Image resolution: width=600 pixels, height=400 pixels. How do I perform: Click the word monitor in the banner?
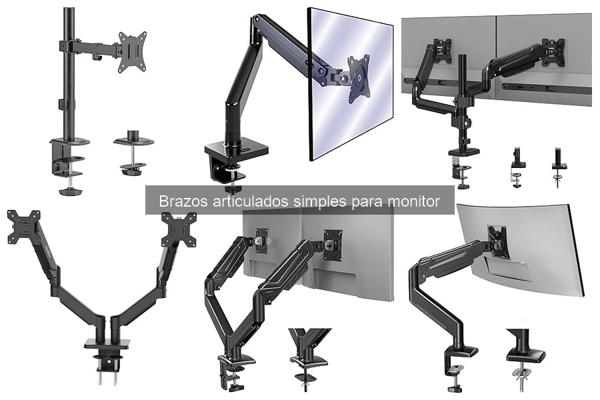pos(419,201)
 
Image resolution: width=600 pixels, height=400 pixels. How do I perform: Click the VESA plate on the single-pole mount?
pos(132,51)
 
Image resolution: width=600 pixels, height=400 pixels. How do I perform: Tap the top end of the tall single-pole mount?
pos(69,11)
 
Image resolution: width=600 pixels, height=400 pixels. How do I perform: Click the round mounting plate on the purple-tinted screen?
pos(359,79)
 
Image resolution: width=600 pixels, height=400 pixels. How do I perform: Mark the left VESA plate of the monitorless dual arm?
pos(23,227)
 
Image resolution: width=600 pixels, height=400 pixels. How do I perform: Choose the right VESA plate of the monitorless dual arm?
pos(179,229)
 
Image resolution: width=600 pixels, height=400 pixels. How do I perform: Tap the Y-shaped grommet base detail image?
pos(309,353)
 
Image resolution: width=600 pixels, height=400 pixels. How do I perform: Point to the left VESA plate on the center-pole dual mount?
pos(442,51)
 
